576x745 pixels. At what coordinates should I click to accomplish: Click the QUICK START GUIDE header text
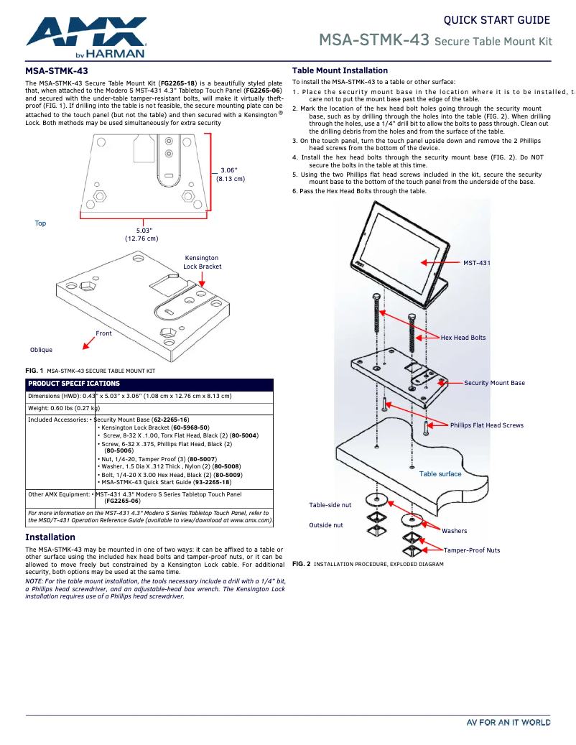[496, 20]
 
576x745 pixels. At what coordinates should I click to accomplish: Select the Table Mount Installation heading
[340, 70]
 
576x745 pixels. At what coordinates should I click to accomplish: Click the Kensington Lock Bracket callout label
[202, 262]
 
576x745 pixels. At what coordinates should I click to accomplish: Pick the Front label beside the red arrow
[104, 333]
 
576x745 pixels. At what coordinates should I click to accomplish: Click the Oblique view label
[41, 350]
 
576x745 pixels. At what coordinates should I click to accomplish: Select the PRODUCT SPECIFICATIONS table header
[74, 384]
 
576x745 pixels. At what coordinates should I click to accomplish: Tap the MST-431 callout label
[476, 263]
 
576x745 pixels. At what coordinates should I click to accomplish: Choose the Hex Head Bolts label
[463, 338]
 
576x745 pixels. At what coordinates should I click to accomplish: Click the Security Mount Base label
[494, 383]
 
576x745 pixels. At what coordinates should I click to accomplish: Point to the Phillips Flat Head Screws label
[487, 425]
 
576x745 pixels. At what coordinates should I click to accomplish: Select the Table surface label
[440, 474]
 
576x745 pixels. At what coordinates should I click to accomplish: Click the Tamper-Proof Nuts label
[472, 550]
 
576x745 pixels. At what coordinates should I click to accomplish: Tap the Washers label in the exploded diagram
[454, 531]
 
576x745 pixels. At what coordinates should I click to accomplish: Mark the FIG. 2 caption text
[368, 564]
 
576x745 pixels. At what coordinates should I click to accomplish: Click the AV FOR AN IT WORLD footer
[508, 722]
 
